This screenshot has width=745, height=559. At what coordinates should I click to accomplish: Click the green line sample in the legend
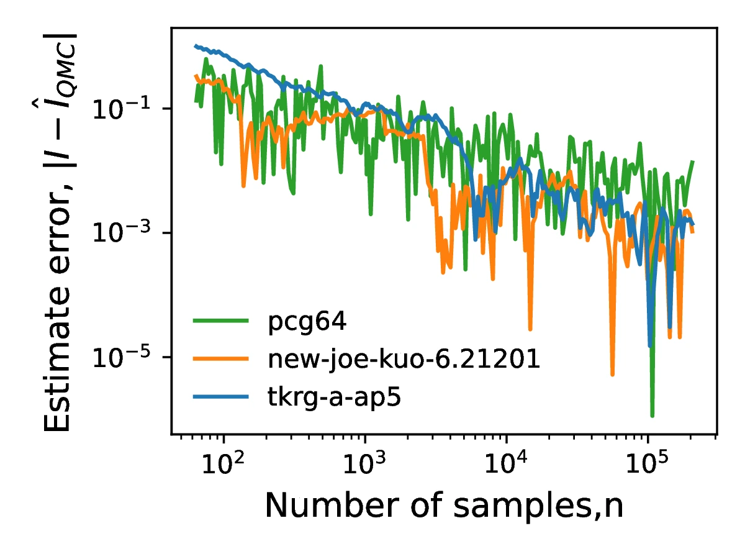(x=221, y=321)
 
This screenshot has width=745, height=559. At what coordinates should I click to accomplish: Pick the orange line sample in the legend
(x=221, y=358)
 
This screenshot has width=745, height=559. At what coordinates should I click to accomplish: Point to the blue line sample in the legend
(x=221, y=396)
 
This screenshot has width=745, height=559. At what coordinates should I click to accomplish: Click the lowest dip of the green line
(x=652, y=416)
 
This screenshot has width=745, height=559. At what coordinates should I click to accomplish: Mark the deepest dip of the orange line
(x=612, y=375)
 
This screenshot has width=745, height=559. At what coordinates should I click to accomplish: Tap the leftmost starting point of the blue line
(x=195, y=45)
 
